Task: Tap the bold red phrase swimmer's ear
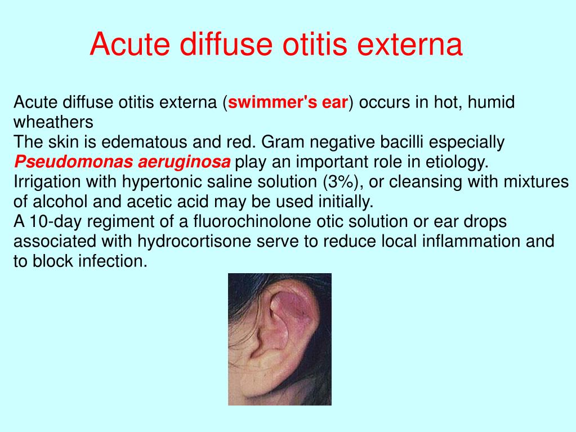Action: (288, 103)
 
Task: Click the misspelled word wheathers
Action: (53, 122)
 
